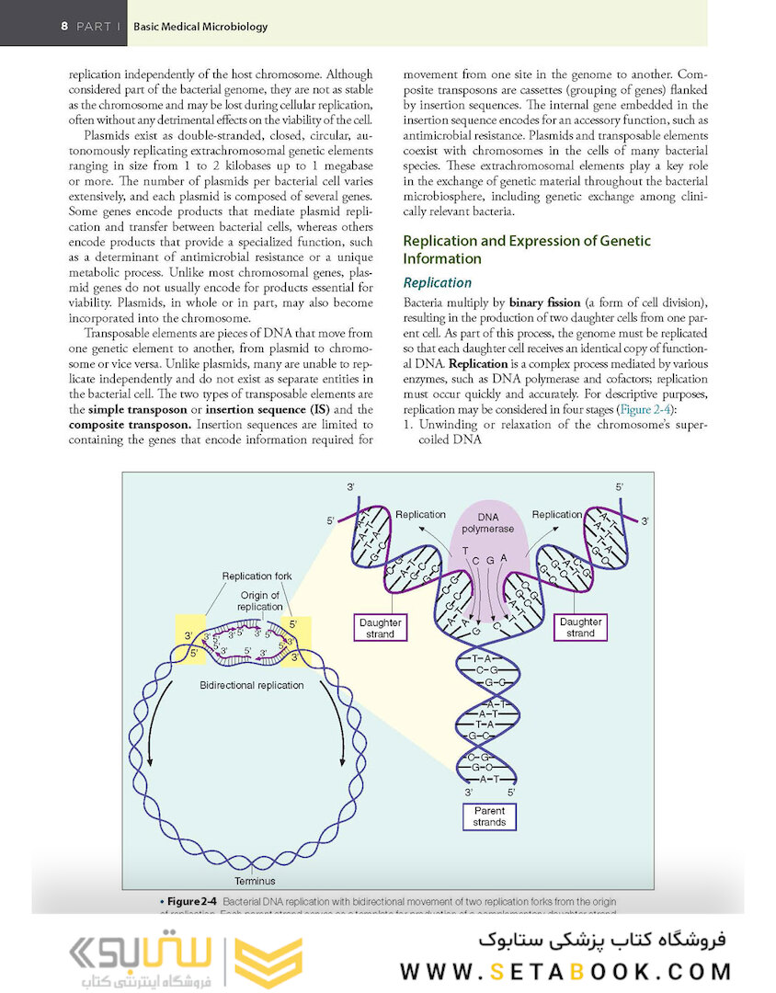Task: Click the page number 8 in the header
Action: tap(64, 26)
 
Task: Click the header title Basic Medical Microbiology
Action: tap(200, 27)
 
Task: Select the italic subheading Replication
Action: tap(438, 282)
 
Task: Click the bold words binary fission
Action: tap(545, 302)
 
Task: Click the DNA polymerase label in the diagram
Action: tap(488, 522)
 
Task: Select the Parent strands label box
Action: tap(489, 816)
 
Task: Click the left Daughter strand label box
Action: tap(380, 627)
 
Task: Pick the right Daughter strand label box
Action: tap(580, 627)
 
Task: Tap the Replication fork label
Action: tap(257, 576)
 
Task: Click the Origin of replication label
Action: tap(259, 601)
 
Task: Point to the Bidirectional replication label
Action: tap(251, 686)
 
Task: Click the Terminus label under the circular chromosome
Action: tap(255, 881)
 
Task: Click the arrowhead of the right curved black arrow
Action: tap(345, 760)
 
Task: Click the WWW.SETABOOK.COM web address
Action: tap(565, 971)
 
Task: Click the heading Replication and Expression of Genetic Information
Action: tap(527, 249)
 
